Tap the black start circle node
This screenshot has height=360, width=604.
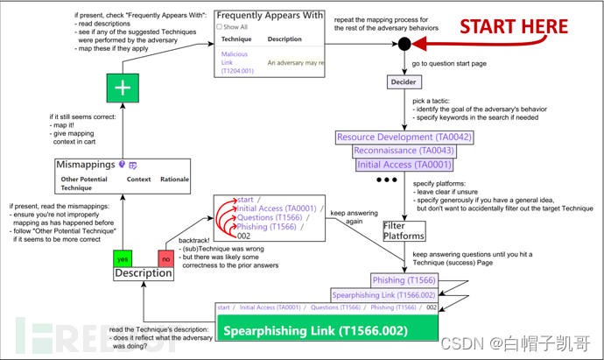pyautogui.click(x=404, y=44)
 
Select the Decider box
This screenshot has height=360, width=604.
pyautogui.click(x=404, y=81)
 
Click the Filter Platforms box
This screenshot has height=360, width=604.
pyautogui.click(x=404, y=230)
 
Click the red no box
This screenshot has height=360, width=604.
pyautogui.click(x=165, y=258)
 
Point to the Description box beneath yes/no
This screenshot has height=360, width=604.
pyautogui.click(x=143, y=273)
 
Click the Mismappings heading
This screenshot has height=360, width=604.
pyautogui.click(x=85, y=164)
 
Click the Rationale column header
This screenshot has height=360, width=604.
pyautogui.click(x=174, y=180)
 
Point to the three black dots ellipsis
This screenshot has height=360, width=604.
pyautogui.click(x=387, y=181)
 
